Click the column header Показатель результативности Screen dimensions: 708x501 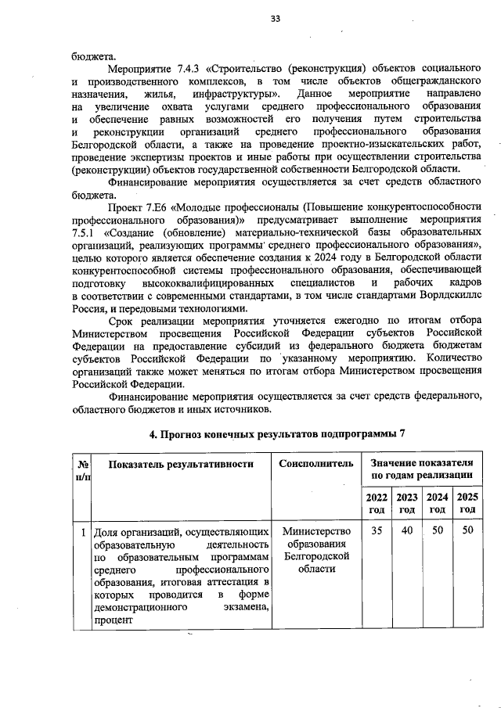click(x=182, y=464)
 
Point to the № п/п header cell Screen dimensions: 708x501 click(x=82, y=469)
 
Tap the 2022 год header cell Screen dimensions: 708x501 click(x=377, y=503)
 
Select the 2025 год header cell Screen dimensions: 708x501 click(x=467, y=503)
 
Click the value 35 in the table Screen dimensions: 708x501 click(x=377, y=531)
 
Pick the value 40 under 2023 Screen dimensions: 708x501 click(x=406, y=531)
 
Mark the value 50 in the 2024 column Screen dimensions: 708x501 click(x=437, y=531)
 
